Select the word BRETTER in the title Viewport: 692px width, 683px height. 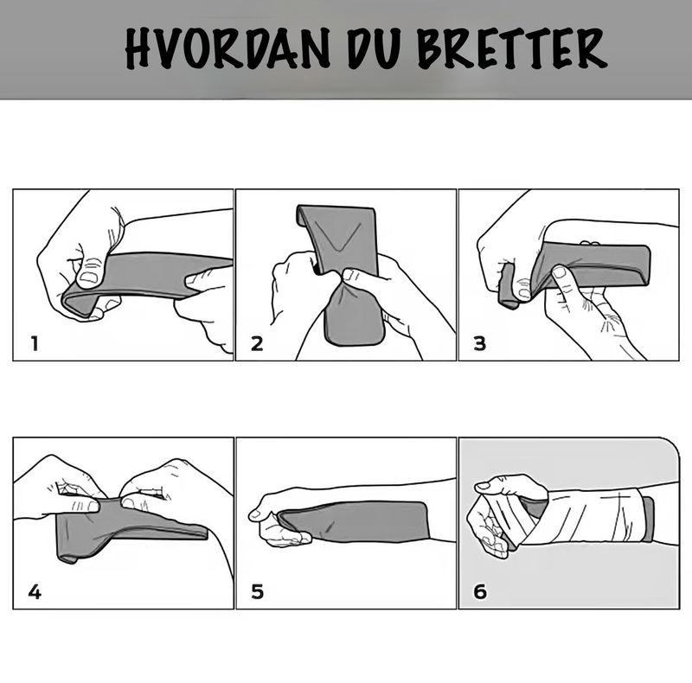click(511, 50)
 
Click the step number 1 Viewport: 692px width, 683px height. click(35, 343)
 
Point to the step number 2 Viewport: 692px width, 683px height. click(256, 343)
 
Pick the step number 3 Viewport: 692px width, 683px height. click(479, 343)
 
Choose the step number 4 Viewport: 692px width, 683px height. click(35, 592)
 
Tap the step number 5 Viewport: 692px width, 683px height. click(257, 592)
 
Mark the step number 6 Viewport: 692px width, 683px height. click(480, 592)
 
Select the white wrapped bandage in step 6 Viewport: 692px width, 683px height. click(588, 517)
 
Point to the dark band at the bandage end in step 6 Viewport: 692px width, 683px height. click(648, 518)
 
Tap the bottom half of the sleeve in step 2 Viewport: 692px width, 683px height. click(353, 311)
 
